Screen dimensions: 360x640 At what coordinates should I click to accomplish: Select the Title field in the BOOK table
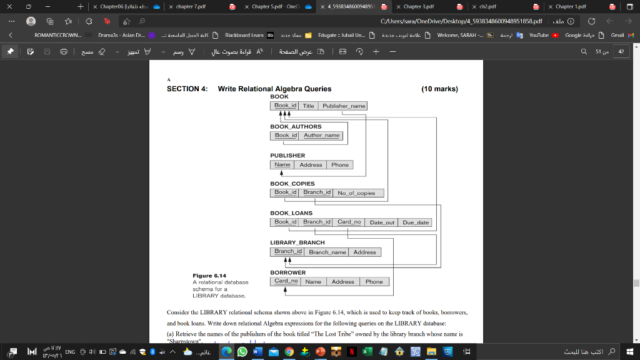click(308, 106)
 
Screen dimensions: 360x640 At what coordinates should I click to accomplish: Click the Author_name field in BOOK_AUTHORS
click(321, 135)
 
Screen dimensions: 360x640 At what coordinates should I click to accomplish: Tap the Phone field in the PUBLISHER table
click(340, 165)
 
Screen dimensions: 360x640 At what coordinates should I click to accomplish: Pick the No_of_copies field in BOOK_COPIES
click(356, 193)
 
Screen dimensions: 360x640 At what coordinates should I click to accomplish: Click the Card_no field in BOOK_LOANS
click(349, 222)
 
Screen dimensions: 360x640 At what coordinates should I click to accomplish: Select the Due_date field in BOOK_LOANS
click(416, 222)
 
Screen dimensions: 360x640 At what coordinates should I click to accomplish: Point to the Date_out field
click(382, 222)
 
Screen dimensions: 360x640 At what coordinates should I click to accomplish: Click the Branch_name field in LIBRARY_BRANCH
click(327, 252)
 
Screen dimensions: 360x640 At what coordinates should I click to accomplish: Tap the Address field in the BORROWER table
click(343, 282)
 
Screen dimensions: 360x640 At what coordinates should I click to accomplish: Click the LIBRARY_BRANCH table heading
click(297, 242)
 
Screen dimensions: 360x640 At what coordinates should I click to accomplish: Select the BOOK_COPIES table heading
click(292, 184)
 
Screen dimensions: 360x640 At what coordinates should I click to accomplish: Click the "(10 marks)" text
click(440, 89)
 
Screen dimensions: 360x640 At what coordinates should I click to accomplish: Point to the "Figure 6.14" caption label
click(209, 276)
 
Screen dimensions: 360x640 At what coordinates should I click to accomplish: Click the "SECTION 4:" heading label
click(187, 89)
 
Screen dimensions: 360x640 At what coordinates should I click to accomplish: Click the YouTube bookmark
click(538, 35)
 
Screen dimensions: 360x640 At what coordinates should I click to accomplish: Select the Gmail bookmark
click(617, 35)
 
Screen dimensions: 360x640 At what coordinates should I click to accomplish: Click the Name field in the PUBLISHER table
click(282, 165)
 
